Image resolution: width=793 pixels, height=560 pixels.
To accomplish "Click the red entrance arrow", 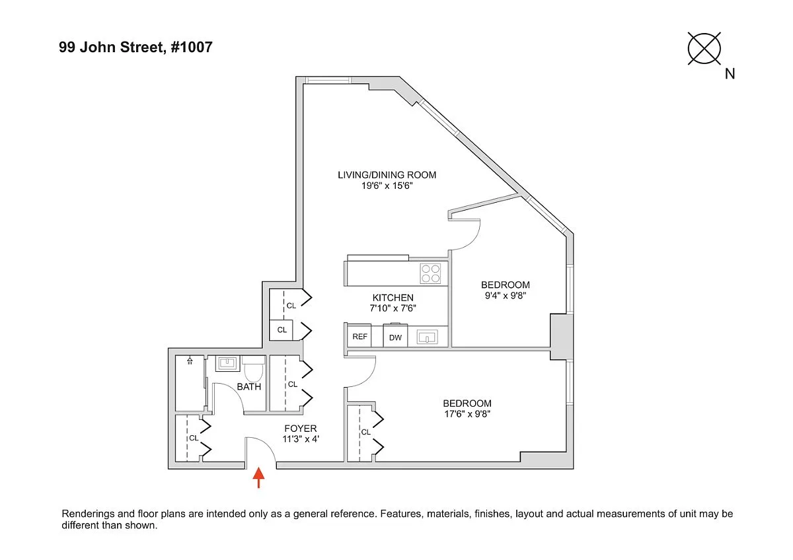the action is point(258,477).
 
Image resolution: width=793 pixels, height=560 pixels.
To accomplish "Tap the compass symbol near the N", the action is point(704,48).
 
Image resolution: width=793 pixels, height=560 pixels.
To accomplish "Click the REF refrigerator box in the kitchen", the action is point(359,337).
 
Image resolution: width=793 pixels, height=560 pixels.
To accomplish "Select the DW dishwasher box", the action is point(395,337).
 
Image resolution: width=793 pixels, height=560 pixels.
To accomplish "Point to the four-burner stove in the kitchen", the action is point(431,273).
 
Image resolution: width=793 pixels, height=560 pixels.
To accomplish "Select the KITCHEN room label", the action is point(393,298).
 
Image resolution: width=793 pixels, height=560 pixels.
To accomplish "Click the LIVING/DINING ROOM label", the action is point(387,175).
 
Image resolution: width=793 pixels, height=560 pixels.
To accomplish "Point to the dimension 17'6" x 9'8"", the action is point(467,415).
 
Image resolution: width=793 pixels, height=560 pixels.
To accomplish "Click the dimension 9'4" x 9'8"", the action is point(505,296).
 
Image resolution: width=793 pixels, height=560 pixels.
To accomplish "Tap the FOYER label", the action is point(301,429).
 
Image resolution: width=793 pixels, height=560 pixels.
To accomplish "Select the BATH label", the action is point(249,387).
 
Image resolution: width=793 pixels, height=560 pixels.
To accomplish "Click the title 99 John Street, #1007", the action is point(135,47).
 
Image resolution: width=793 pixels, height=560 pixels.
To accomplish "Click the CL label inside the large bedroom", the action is point(365,433).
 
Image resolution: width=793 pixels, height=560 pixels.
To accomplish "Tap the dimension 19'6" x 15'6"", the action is point(387,186).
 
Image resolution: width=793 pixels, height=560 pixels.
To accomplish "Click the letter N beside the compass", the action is point(730,74).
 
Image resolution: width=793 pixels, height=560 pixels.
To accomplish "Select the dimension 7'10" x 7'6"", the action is point(393,308).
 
